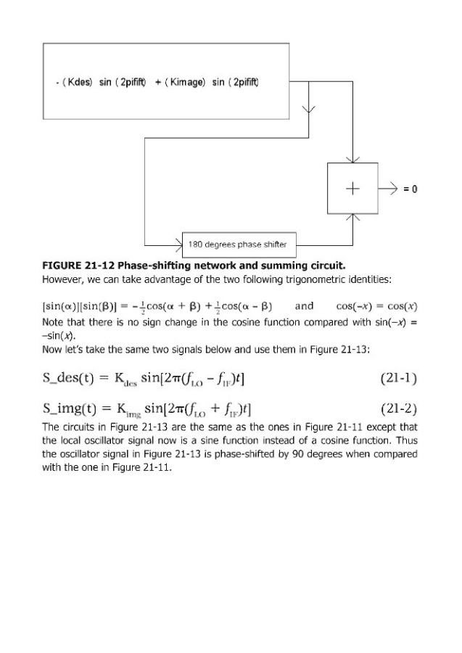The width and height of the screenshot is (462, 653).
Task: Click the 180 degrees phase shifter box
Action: click(x=237, y=244)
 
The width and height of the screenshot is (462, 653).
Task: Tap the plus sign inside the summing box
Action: click(x=352, y=189)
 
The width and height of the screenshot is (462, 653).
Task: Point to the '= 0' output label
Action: click(x=411, y=189)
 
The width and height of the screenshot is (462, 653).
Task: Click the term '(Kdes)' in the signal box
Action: click(x=78, y=82)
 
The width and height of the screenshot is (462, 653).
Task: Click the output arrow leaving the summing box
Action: click(x=389, y=189)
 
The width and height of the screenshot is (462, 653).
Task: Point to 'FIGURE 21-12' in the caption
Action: click(x=78, y=264)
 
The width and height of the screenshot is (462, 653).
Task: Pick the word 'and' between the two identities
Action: click(x=303, y=305)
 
